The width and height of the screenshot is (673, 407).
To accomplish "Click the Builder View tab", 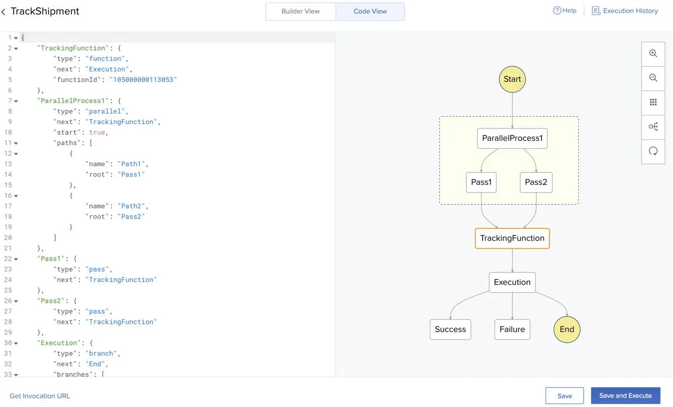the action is tap(301, 11).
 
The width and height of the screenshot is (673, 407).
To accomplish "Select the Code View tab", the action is tap(370, 11).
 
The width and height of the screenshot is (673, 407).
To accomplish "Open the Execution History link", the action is tap(625, 11).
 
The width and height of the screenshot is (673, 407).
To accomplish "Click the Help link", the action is tap(564, 11).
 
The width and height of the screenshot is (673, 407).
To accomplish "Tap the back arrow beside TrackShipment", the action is tap(3, 11).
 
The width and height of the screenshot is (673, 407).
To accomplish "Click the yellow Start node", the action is tap(512, 79).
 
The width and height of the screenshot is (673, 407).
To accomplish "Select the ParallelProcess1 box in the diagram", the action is tap(512, 138).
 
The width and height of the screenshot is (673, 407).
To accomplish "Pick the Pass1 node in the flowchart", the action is tap(481, 182).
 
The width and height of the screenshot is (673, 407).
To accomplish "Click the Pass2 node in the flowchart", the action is tap(536, 182).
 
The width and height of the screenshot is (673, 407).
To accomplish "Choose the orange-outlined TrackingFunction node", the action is tap(512, 238).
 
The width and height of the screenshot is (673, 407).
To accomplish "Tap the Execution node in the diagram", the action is tap(512, 282).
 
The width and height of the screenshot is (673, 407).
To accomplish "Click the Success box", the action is tap(450, 329).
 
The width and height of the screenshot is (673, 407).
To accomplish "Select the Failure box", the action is tap(512, 329).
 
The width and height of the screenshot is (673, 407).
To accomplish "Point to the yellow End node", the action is tap(567, 329).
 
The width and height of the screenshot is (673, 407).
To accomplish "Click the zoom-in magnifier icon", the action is tap(653, 54).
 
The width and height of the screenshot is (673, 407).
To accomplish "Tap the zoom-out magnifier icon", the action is tap(653, 78).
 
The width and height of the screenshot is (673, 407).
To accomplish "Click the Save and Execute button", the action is tap(625, 396).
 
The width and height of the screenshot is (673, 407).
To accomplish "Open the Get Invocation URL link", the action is tap(40, 396).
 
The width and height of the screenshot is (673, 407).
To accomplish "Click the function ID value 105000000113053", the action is tap(143, 79).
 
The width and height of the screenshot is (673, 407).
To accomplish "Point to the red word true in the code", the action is tap(97, 132).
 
